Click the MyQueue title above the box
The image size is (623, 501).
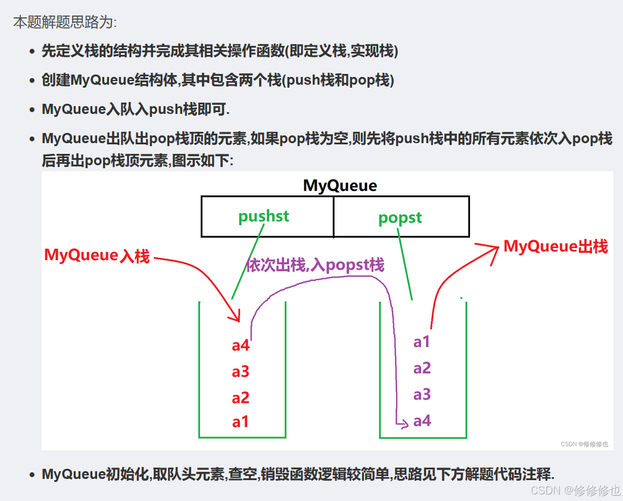[x=340, y=185]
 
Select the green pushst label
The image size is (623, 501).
[x=263, y=216]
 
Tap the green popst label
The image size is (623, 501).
[x=400, y=218]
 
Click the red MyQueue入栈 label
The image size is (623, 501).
[x=97, y=256]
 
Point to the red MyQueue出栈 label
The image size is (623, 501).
[x=556, y=246]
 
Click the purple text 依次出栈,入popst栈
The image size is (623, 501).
[x=315, y=265]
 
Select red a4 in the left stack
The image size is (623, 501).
[x=241, y=345]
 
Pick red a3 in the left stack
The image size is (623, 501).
[x=241, y=372]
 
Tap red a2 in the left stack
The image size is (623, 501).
[x=241, y=398]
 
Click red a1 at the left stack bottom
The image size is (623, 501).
[x=241, y=422]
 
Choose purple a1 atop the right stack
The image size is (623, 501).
[x=422, y=342]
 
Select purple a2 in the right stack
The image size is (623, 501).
[x=422, y=368]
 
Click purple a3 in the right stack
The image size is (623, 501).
[x=422, y=394]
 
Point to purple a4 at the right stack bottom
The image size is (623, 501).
[x=422, y=421]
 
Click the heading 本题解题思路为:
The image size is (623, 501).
[x=65, y=23]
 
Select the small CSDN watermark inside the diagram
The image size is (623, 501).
[x=584, y=444]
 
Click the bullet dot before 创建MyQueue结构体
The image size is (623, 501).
[x=32, y=81]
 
